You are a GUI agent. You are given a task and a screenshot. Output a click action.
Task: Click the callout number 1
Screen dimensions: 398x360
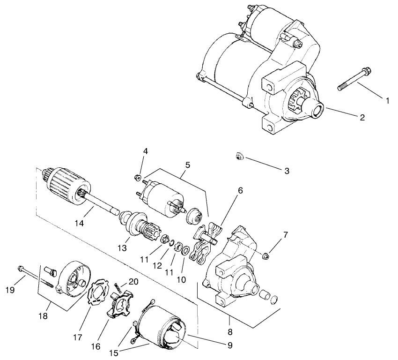pos(387,101)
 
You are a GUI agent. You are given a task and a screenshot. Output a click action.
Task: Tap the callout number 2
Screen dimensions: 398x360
pos(362,117)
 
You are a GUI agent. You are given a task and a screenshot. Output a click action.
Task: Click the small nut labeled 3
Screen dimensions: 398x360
pos(239,157)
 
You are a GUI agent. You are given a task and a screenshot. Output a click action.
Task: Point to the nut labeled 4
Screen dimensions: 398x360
pos(138,177)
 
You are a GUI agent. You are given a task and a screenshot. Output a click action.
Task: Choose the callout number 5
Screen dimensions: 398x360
pos(187,165)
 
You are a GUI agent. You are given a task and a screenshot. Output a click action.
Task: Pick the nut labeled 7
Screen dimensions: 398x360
pos(265,255)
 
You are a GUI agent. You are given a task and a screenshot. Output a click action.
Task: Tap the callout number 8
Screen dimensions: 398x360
pos(230,331)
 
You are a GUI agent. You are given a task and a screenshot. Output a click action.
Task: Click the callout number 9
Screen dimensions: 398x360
pos(230,345)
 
